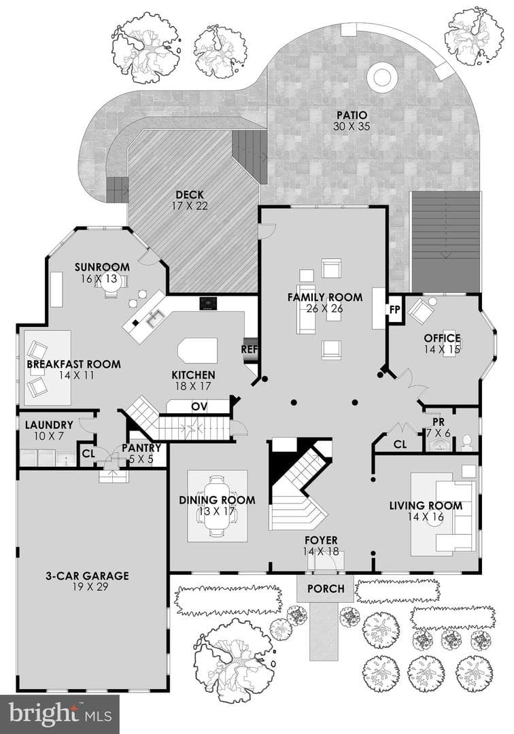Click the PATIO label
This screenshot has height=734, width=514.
[x=352, y=115]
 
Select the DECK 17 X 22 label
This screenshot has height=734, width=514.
[x=190, y=200]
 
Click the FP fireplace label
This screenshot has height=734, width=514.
[x=394, y=310]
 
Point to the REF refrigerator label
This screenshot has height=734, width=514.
[x=249, y=349]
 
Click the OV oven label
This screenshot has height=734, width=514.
[x=199, y=406]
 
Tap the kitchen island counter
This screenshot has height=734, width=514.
[x=198, y=350]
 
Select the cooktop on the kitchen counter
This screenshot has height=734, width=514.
[x=209, y=303]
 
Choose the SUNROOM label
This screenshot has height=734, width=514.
[x=102, y=267]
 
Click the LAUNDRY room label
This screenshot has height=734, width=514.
[x=49, y=425]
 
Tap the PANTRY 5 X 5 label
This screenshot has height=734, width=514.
[x=141, y=453]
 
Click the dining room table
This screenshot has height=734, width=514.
[x=217, y=506]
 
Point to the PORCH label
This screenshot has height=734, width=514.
[x=326, y=589]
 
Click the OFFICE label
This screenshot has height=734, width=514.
[x=443, y=338]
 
